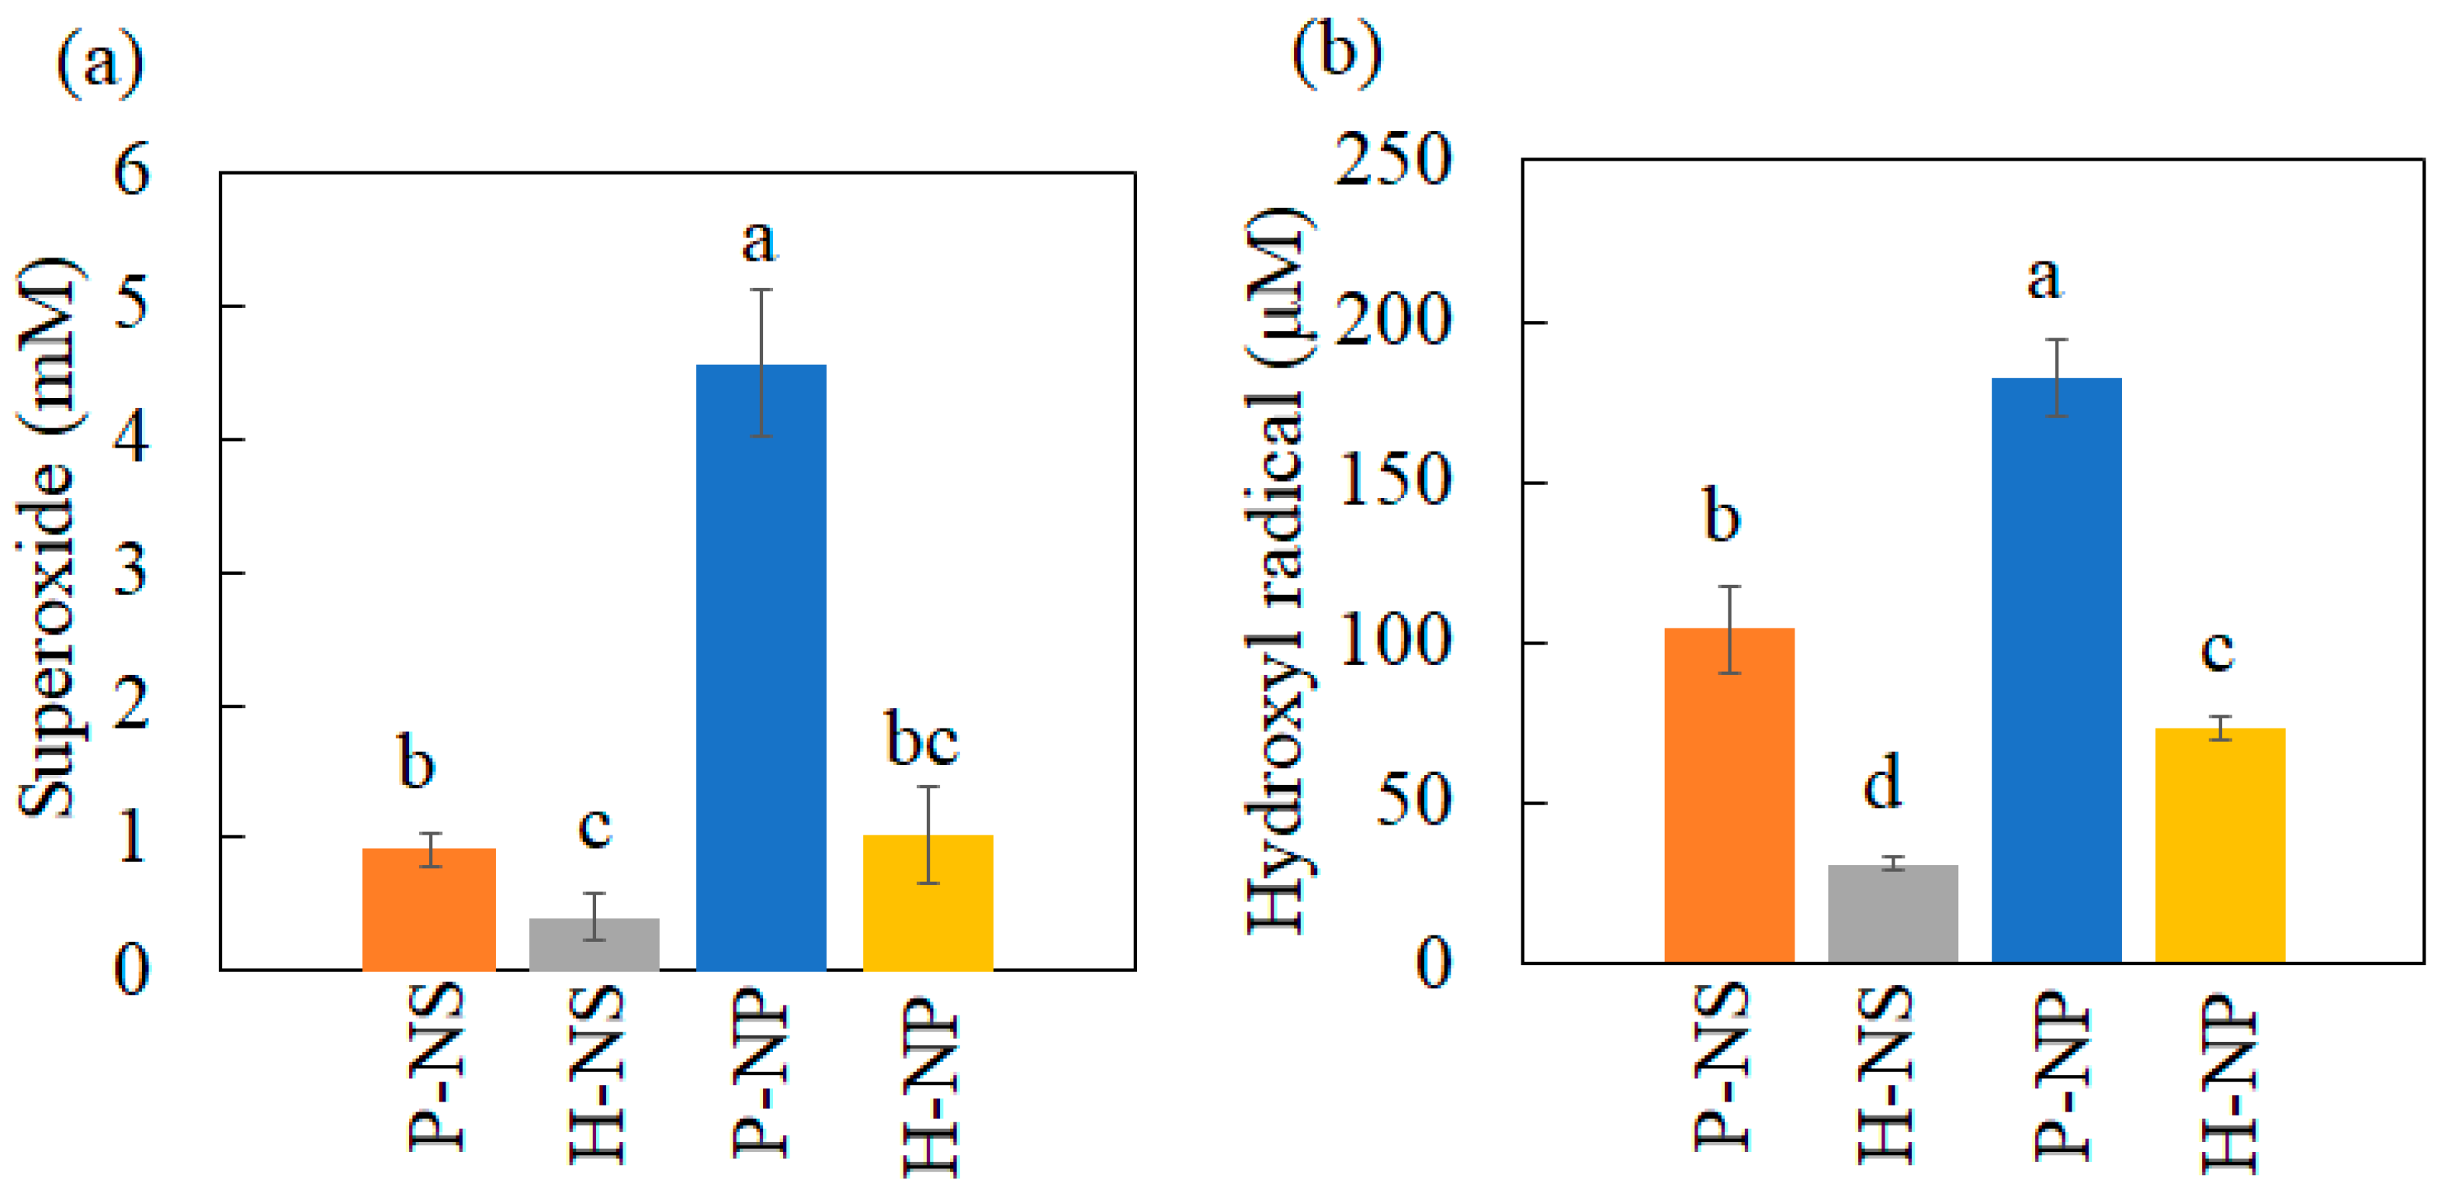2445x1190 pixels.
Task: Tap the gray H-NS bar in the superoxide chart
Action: [594, 943]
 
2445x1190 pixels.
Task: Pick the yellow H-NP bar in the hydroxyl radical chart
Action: [2220, 845]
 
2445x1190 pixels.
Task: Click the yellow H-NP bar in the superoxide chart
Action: [928, 901]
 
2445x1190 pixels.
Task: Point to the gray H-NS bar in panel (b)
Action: [1892, 913]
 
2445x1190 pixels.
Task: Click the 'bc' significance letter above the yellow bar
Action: [921, 739]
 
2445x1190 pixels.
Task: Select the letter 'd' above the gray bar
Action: [1883, 782]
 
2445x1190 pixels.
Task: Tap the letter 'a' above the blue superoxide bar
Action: [758, 241]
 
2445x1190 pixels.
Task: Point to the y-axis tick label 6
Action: [131, 171]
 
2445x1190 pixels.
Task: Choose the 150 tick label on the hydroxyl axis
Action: [1392, 480]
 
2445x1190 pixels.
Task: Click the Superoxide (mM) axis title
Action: [47, 537]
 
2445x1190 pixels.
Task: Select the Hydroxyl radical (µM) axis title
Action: [1278, 569]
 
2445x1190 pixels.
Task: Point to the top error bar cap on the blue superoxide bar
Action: [761, 289]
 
